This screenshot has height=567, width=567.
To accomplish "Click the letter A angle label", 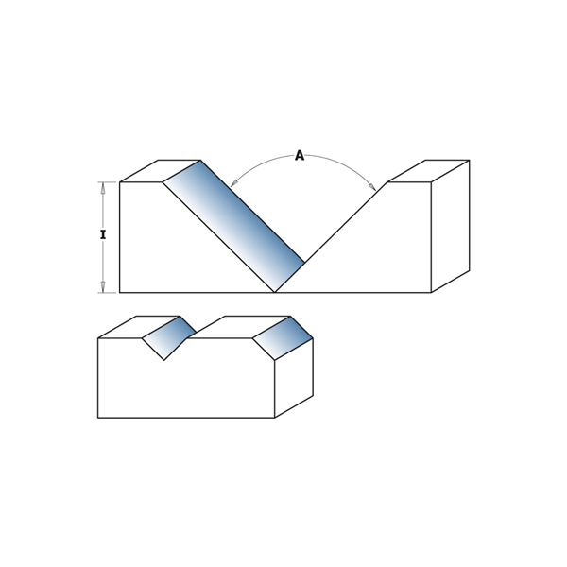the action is click(x=300, y=156).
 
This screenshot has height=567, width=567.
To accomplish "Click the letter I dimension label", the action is click(x=103, y=235).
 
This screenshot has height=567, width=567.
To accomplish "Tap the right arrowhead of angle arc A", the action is click(x=372, y=186).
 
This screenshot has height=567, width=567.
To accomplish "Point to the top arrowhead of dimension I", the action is click(x=103, y=187).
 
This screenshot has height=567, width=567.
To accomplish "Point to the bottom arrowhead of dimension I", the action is click(x=103, y=287).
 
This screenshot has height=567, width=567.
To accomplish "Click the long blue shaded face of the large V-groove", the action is click(x=234, y=226).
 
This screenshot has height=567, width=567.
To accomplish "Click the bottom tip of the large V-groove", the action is click(x=275, y=292).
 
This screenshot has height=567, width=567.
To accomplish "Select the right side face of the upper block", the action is click(x=450, y=226).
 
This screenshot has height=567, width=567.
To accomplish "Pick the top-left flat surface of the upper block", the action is click(x=160, y=171).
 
